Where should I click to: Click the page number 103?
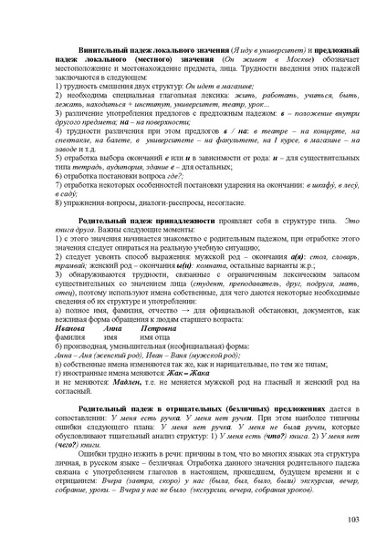(x=354, y=519)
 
